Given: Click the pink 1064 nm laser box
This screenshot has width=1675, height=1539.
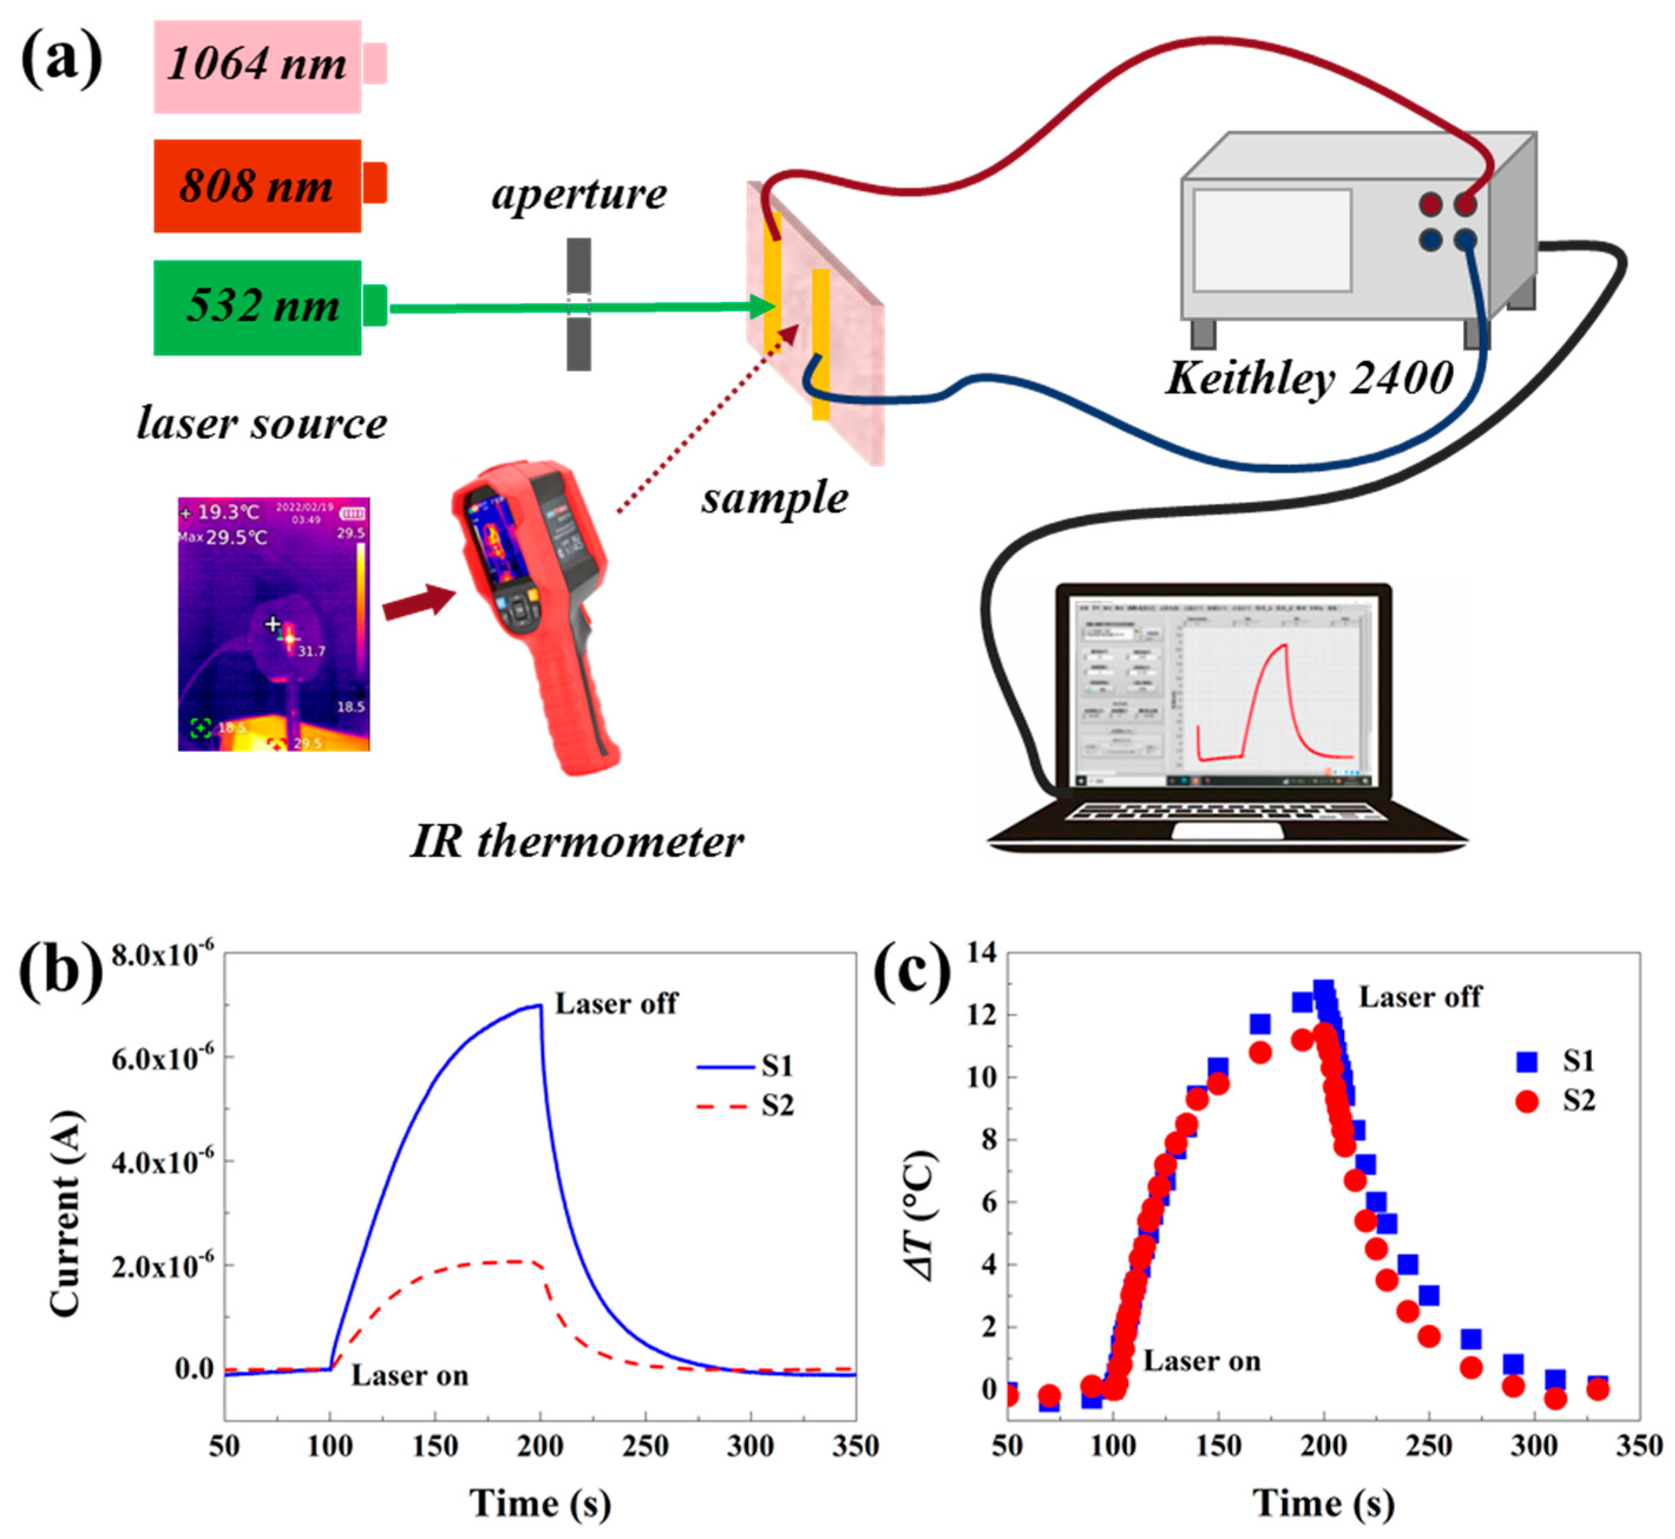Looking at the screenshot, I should click(257, 66).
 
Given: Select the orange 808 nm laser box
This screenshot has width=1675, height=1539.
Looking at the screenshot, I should click(257, 186).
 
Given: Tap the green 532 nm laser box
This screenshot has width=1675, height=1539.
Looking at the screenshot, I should click(257, 307).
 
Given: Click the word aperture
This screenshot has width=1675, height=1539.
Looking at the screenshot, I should click(579, 195).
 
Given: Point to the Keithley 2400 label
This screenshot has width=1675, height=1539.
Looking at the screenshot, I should click(1309, 379).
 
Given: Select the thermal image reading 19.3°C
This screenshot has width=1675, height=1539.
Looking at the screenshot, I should click(274, 624).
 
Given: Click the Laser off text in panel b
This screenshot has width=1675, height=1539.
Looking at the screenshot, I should click(616, 1004).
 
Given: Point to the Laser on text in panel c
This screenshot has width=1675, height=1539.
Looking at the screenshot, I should click(1201, 1361).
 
